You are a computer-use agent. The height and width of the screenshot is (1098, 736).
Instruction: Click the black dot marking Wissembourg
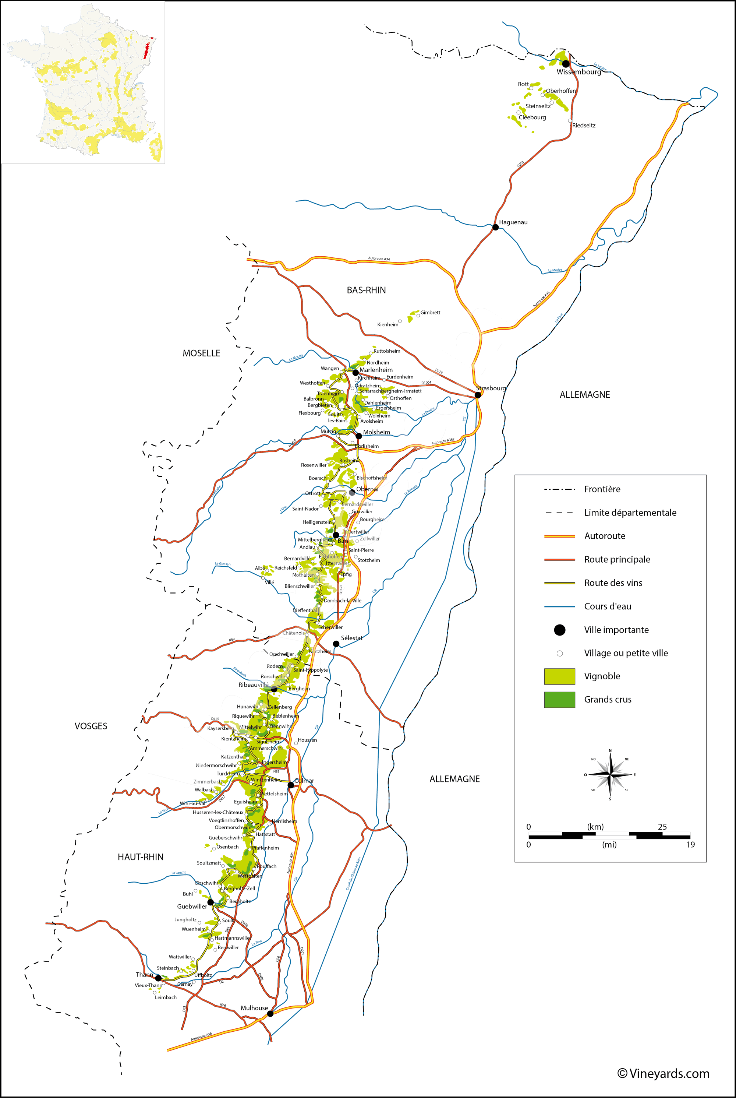566,64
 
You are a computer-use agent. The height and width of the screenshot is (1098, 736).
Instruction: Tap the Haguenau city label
513,222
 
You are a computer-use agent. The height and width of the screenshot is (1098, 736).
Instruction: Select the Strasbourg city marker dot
478,395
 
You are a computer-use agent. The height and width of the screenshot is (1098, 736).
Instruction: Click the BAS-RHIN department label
366,290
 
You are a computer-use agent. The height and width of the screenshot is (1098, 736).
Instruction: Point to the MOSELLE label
201,353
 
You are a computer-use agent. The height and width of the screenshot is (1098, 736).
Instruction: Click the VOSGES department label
91,726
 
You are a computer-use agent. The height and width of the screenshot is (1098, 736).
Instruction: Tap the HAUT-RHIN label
140,857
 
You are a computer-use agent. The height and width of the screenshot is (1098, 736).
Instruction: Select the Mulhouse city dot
270,1014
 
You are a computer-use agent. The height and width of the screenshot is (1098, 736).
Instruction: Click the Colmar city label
304,781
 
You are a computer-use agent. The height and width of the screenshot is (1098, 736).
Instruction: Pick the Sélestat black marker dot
336,643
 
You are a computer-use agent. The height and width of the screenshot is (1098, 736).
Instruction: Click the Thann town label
144,975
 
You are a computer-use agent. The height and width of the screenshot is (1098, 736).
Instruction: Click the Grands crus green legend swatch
559,700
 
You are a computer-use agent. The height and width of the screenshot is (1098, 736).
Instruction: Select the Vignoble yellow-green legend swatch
559,676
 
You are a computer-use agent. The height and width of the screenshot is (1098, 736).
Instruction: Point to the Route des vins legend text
613,583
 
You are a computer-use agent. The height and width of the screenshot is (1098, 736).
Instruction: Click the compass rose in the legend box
610,774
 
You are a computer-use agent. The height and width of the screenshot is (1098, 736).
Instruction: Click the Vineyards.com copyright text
663,1074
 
